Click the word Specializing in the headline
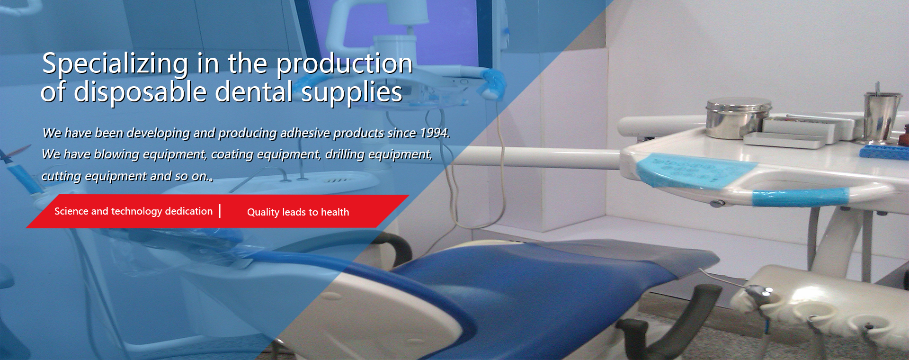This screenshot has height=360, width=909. (116, 64)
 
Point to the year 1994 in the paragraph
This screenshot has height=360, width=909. (434, 133)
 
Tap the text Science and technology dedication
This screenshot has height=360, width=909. (134, 211)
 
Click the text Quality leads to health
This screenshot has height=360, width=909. (298, 212)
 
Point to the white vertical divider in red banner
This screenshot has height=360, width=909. (220, 211)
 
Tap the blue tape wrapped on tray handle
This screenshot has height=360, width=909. (800, 197)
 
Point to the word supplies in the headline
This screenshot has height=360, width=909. (352, 92)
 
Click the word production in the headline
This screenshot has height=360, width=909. (345, 64)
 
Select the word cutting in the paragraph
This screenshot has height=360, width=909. (61, 176)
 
